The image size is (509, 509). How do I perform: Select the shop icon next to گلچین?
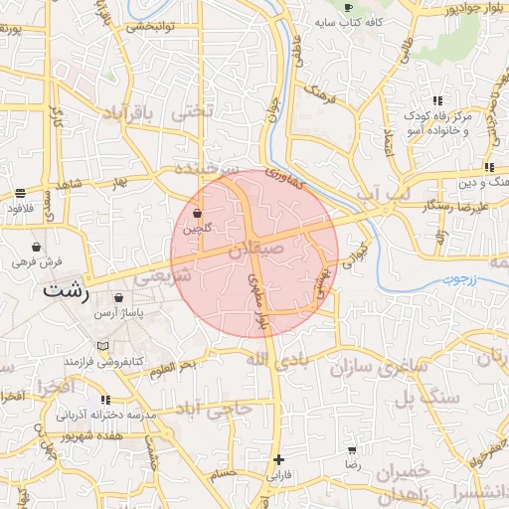(197, 214)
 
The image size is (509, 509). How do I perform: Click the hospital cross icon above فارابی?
(279, 459)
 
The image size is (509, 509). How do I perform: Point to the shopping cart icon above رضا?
(352, 450)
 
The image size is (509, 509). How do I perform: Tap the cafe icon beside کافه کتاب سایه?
(347, 7)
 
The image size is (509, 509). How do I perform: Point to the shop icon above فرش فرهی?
(37, 248)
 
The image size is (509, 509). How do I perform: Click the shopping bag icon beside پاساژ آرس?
(119, 297)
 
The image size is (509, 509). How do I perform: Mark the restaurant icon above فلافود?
(21, 193)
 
